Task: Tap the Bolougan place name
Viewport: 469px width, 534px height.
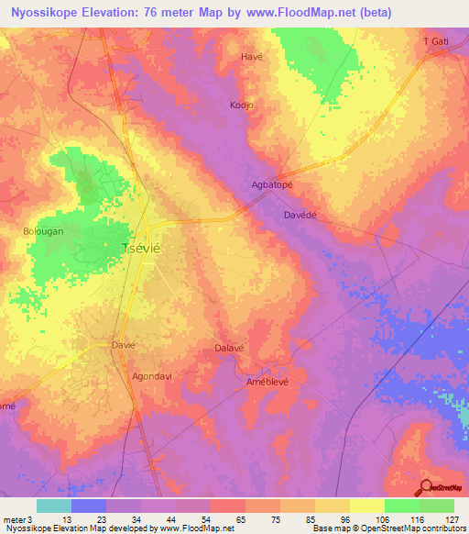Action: coord(43,231)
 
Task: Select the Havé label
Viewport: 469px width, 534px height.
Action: coord(251,56)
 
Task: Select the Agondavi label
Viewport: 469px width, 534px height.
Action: coord(153,376)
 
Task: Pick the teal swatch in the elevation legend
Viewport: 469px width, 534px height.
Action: coord(54,506)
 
